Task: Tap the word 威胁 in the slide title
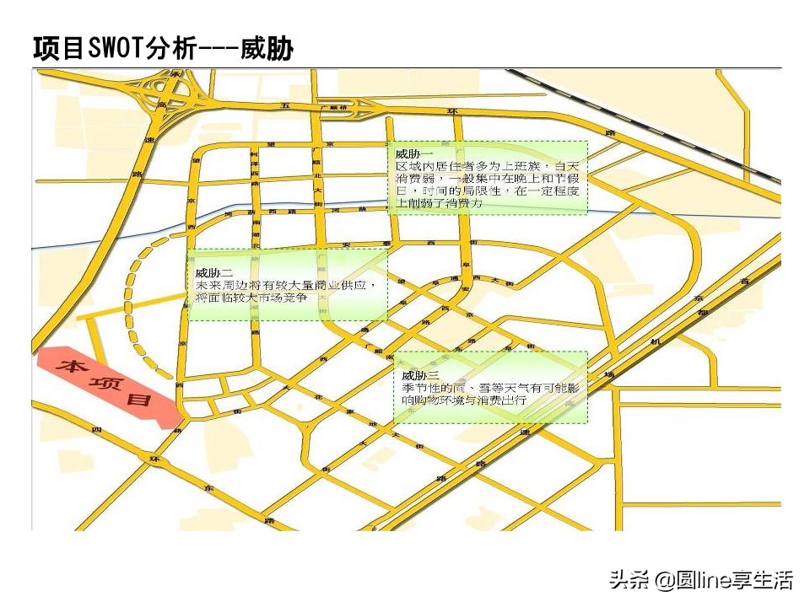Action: (x=267, y=48)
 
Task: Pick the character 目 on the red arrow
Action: (x=139, y=400)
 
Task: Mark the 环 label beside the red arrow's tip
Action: (x=154, y=459)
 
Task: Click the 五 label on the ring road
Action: (x=286, y=105)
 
